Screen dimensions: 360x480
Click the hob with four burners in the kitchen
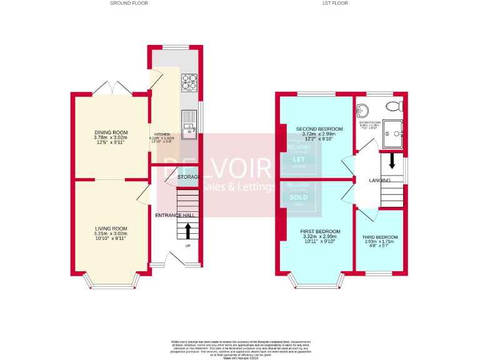(189, 81)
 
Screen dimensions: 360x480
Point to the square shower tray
(393, 131)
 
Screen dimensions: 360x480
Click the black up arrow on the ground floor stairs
(187, 231)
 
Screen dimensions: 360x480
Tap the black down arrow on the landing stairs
(392, 161)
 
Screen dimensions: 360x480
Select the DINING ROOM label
(111, 132)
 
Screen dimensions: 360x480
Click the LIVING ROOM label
(111, 229)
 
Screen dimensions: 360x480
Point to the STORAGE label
(188, 177)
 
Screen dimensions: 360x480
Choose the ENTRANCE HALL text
(175, 215)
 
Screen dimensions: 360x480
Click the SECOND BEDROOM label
(319, 129)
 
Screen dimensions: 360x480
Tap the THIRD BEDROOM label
(380, 237)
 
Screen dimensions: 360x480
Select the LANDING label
(379, 181)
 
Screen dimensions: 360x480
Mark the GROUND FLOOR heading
(128, 3)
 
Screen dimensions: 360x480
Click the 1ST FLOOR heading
(334, 3)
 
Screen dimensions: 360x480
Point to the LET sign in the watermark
(299, 159)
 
